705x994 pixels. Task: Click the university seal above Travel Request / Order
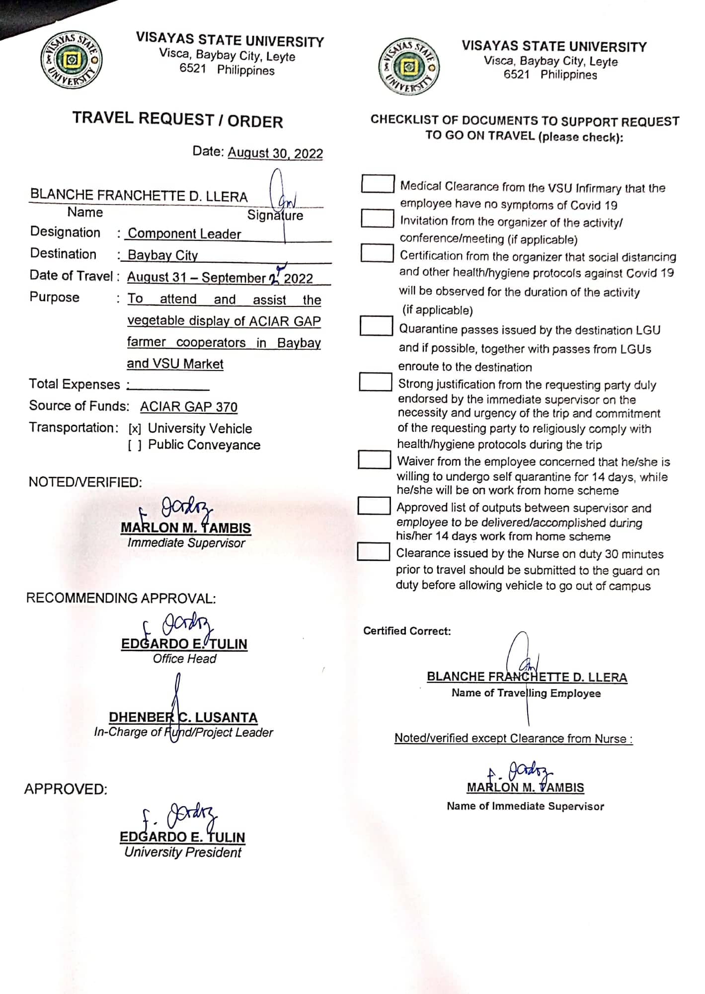[x=72, y=61]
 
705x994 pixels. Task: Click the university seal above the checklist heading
[x=409, y=66]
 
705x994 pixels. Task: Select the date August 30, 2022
[x=275, y=153]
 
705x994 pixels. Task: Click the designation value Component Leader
[x=184, y=233]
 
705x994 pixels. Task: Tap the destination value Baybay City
[x=162, y=255]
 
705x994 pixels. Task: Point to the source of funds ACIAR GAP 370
[x=188, y=407]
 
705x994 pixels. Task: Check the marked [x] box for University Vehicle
[x=135, y=429]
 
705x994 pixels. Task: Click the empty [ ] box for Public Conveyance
[x=135, y=446]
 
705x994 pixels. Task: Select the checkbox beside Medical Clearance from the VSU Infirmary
[x=377, y=184]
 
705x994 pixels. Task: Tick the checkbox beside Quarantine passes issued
[x=376, y=326]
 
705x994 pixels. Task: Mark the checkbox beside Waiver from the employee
[x=374, y=459]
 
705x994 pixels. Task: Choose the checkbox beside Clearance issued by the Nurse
[x=373, y=552]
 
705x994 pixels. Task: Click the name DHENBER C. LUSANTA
[x=183, y=717]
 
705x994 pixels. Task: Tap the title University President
[x=182, y=852]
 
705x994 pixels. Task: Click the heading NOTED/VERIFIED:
[x=85, y=482]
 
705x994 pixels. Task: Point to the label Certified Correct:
[x=407, y=631]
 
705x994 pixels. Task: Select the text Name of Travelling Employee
[x=526, y=693]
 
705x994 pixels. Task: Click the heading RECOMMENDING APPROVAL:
[x=121, y=598]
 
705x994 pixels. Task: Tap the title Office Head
[x=184, y=659]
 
